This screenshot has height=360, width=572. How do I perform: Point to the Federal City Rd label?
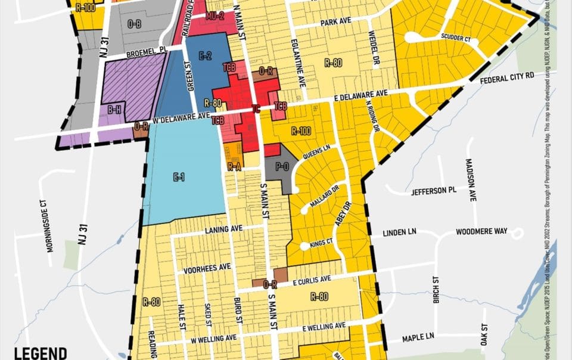click(508, 78)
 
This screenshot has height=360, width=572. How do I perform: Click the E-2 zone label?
click(205, 56)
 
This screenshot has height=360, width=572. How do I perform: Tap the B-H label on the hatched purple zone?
click(114, 110)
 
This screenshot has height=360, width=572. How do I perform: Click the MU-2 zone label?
click(215, 16)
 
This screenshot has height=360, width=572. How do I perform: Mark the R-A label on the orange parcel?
click(234, 167)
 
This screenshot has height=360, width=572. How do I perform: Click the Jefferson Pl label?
click(433, 191)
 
